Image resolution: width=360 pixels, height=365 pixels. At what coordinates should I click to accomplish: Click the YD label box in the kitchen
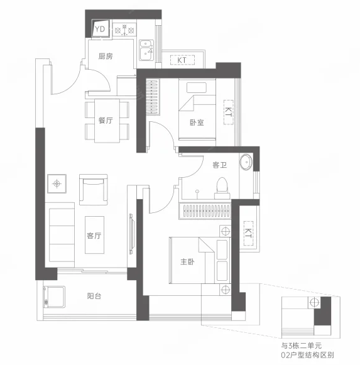[x=101, y=29]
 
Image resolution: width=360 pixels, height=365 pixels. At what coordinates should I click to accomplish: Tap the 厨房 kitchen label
[x=106, y=56]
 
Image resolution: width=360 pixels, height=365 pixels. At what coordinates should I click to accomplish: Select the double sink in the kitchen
[x=146, y=50]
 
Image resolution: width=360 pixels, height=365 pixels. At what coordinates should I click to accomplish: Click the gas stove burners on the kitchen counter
[x=124, y=30]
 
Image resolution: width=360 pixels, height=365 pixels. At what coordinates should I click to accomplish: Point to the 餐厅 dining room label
[x=106, y=121]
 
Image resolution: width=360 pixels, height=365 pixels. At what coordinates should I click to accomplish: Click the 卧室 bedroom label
[x=197, y=123]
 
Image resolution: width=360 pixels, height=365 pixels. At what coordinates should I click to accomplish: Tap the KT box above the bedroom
[x=182, y=60]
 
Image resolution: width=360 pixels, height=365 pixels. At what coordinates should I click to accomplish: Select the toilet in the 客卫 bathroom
[x=222, y=188]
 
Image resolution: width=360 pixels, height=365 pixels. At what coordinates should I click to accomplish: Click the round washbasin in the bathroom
[x=246, y=161]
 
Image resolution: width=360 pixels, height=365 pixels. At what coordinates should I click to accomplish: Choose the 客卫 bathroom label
[x=220, y=165]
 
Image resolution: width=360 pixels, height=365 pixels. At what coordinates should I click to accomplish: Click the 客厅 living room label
[x=94, y=236]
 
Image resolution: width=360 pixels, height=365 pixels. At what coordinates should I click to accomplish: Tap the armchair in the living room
[x=94, y=190]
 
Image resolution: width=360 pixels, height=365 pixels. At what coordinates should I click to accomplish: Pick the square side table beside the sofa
[x=57, y=183]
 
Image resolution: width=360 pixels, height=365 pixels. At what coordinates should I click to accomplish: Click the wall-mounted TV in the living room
[x=131, y=234]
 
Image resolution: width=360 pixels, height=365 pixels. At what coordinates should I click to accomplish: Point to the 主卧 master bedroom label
[x=187, y=262]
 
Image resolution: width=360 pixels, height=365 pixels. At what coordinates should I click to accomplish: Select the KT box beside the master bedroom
[x=248, y=233]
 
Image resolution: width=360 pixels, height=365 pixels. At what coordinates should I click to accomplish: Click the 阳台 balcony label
[x=94, y=296]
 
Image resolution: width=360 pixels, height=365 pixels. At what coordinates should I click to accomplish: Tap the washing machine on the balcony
[x=54, y=297]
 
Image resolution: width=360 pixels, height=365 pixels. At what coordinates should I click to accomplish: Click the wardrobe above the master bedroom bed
[x=205, y=211]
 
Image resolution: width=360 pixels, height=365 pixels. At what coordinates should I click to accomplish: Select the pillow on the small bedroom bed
[x=197, y=87]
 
